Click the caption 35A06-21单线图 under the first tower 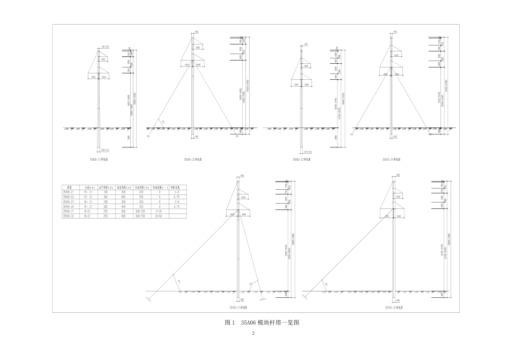(x=100, y=159)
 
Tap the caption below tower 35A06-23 (x=301, y=159)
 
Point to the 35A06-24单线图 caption (x=391, y=159)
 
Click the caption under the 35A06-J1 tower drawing (x=238, y=308)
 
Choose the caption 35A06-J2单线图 (x=394, y=308)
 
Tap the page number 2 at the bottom (x=254, y=334)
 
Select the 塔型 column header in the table (x=69, y=187)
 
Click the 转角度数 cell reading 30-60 (x=159, y=215)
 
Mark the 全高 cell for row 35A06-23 (x=88, y=201)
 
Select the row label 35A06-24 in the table (x=69, y=206)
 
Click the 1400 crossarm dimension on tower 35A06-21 (x=103, y=59)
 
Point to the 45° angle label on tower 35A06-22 (x=162, y=123)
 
